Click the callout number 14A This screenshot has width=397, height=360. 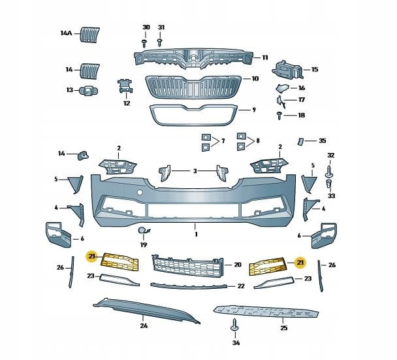pyautogui.click(x=66, y=33)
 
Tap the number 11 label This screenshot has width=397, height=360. pyautogui.click(x=265, y=57)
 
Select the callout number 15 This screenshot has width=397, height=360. pyautogui.click(x=314, y=69)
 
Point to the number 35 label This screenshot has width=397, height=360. pyautogui.click(x=322, y=140)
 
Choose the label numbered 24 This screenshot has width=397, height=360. pyautogui.click(x=144, y=325)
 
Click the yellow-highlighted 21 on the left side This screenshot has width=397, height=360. pyautogui.click(x=92, y=257)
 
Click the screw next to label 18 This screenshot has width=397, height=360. pyautogui.click(x=279, y=115)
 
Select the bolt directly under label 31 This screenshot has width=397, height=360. pyautogui.click(x=160, y=41)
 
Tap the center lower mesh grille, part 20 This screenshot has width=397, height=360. pyautogui.click(x=187, y=264)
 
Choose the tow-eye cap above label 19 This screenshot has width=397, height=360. pyautogui.click(x=143, y=230)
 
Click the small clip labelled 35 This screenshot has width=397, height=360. pyautogui.click(x=301, y=140)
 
